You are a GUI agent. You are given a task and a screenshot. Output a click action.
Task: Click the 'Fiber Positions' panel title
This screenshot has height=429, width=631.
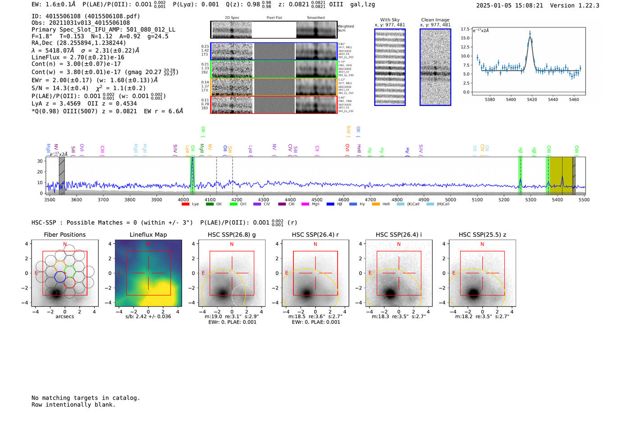(64, 235)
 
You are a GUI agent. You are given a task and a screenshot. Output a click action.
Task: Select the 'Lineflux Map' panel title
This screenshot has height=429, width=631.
(148, 235)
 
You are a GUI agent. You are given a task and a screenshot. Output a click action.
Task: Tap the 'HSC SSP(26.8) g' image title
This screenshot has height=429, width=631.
(232, 235)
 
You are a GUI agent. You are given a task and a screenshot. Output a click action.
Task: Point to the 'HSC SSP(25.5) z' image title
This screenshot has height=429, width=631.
(482, 235)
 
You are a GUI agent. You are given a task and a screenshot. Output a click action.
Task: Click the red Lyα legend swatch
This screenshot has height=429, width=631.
(185, 204)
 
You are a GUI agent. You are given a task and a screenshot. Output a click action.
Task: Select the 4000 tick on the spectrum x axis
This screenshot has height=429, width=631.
(183, 200)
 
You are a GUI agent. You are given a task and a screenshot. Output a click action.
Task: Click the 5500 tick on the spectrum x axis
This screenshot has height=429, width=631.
(584, 200)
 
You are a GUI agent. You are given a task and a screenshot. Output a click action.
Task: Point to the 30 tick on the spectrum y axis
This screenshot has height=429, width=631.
(40, 161)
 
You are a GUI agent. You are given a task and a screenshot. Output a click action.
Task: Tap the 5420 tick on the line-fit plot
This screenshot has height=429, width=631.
(532, 99)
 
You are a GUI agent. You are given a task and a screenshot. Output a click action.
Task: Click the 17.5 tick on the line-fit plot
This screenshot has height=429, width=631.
(465, 29)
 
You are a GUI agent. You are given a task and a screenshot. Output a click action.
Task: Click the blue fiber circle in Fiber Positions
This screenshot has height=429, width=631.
(60, 276)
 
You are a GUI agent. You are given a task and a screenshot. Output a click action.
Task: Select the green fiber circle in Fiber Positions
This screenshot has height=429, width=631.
(70, 271)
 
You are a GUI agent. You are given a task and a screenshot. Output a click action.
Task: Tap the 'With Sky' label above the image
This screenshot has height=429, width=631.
(390, 20)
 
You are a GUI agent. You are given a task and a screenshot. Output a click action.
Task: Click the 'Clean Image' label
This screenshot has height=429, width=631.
(435, 20)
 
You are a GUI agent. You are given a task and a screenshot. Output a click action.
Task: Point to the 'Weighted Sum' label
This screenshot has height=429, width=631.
(346, 28)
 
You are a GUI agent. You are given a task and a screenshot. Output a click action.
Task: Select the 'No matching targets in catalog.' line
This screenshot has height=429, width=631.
(86, 398)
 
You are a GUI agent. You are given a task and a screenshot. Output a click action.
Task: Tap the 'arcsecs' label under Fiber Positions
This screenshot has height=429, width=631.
(64, 316)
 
